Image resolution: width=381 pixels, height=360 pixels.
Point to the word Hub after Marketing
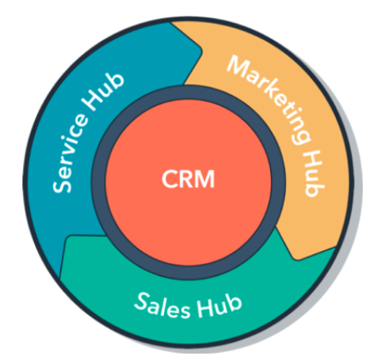click(314, 173)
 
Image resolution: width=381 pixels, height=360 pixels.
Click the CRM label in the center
click(188, 179)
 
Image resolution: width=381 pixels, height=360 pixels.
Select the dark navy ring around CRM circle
click(188, 93)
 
